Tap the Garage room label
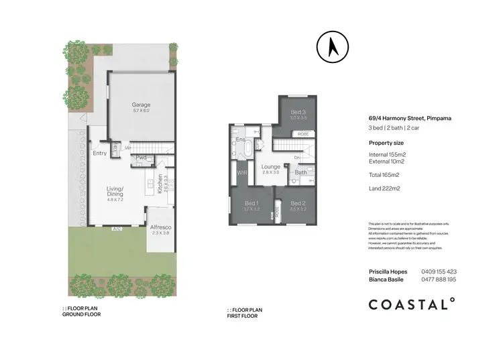pyautogui.click(x=141, y=105)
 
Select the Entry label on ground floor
pyautogui.click(x=99, y=153)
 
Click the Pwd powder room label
pyautogui.click(x=141, y=158)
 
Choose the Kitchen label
pyautogui.click(x=160, y=183)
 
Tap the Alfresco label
pyautogui.click(x=160, y=227)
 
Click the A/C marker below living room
pyautogui.click(x=116, y=229)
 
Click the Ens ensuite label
pyautogui.click(x=240, y=139)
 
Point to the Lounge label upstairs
pyautogui.click(x=271, y=166)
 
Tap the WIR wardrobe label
pyautogui.click(x=242, y=173)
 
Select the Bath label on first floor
pyautogui.click(x=300, y=172)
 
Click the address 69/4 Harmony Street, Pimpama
pyautogui.click(x=410, y=119)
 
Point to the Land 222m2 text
pyautogui.click(x=384, y=188)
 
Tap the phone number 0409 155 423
pyautogui.click(x=438, y=271)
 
